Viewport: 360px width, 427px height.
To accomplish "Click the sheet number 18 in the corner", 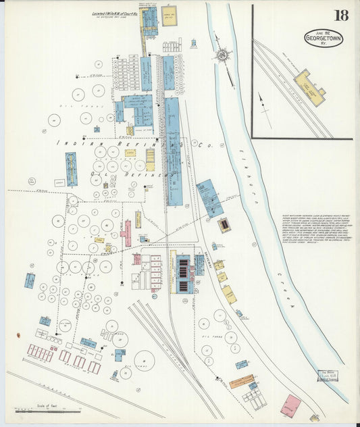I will (x=341, y=16).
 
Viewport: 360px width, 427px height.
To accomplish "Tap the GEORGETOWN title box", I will (x=323, y=38).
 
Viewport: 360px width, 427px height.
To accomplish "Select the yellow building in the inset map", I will (x=309, y=86).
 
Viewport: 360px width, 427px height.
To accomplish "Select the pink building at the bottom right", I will (x=291, y=405).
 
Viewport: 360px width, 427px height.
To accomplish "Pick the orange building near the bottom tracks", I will (x=241, y=381).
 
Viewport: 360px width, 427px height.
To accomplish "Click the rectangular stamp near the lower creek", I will (x=327, y=376).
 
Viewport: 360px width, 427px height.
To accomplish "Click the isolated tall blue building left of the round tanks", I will (x=71, y=169).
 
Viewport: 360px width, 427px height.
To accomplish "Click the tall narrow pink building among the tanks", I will (x=126, y=232).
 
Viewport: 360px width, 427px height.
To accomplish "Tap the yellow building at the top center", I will (x=169, y=16).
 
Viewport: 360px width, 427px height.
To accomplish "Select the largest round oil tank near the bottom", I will (x=144, y=360).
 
